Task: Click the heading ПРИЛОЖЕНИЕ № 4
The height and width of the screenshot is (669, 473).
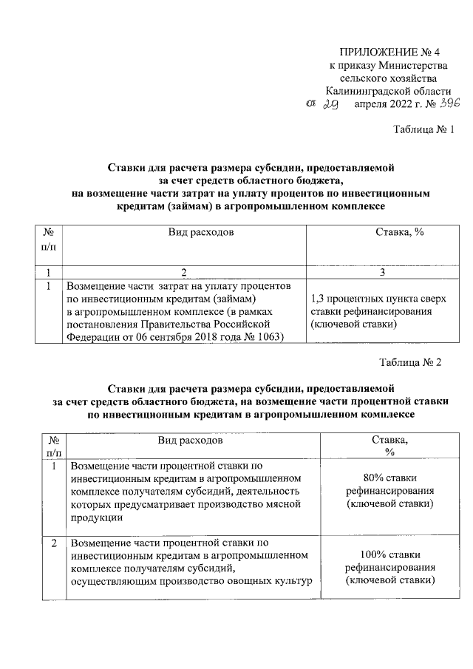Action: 388,52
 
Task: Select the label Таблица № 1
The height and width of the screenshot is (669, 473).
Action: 419,130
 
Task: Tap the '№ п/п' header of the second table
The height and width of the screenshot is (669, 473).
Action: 54,445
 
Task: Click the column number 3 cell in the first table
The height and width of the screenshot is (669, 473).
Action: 381,272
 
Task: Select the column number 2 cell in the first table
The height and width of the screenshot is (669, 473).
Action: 185,272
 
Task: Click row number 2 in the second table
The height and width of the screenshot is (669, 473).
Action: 53,544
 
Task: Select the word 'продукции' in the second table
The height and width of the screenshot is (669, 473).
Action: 93,518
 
